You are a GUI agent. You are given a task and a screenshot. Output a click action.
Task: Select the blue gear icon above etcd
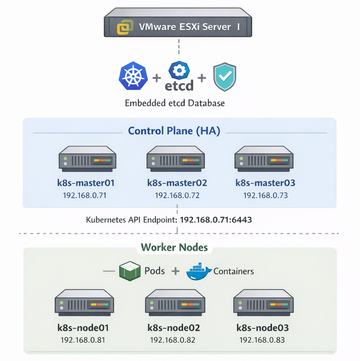point(179,71)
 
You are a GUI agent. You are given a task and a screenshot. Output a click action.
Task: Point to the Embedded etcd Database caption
point(175,103)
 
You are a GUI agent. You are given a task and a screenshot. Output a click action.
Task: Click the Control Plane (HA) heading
point(174,131)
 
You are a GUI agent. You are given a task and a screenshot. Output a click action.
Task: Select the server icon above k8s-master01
point(87,159)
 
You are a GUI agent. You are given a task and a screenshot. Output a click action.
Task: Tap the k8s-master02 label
point(177,183)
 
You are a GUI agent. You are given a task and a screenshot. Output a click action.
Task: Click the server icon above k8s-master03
point(264,159)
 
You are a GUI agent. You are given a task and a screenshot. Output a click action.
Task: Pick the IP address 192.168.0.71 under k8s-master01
point(84,195)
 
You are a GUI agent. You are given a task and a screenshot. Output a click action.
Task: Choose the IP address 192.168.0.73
point(265,195)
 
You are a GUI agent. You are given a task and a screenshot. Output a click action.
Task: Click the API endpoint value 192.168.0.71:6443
point(216,220)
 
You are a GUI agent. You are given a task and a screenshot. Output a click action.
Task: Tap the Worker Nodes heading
point(174,247)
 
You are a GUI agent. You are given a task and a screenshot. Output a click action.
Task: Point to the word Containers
point(234,271)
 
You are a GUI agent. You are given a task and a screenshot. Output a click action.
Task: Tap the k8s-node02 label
point(174,328)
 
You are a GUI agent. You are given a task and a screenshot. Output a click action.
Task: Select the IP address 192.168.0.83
point(262,340)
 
